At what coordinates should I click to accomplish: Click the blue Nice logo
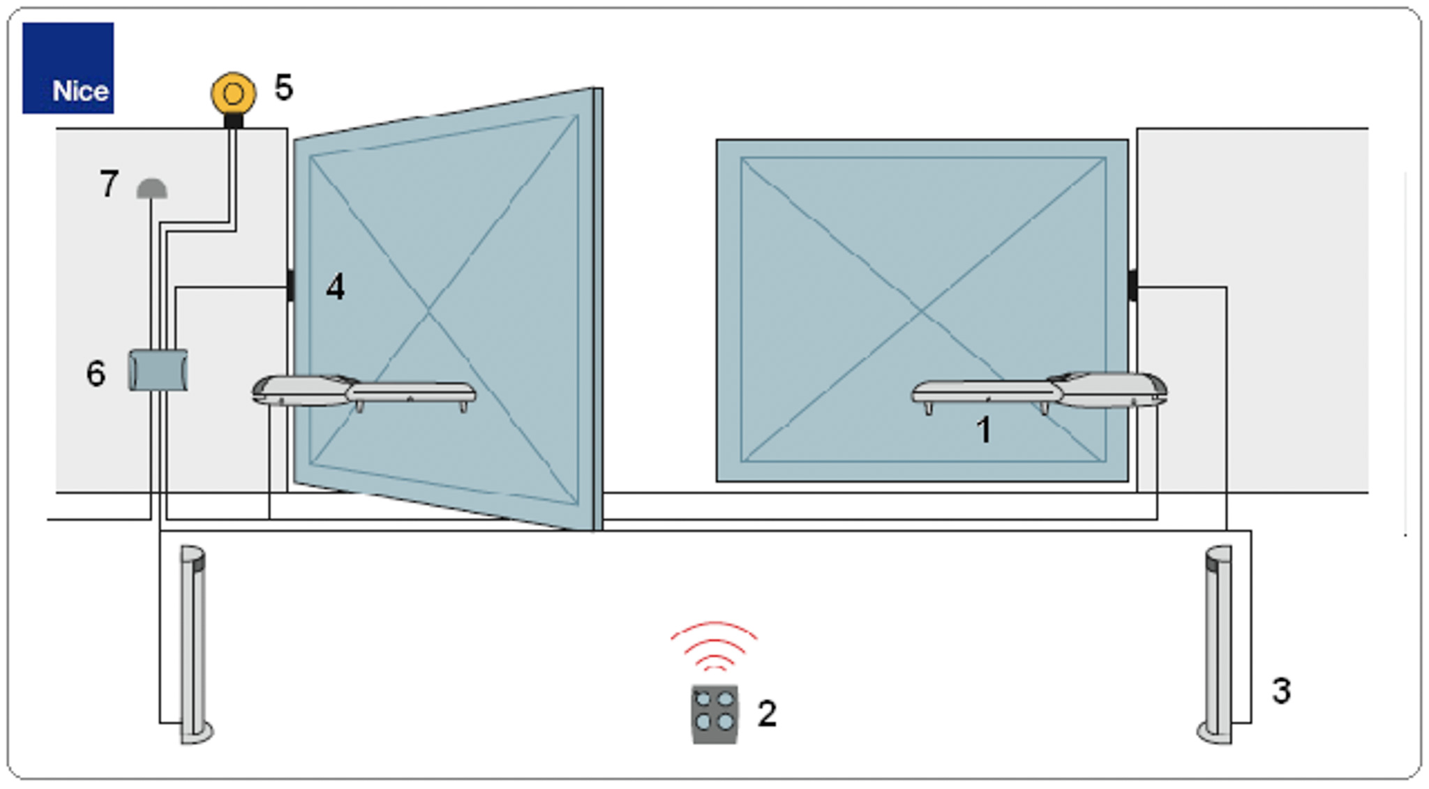[x=68, y=68]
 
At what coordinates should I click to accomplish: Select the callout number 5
[x=283, y=88]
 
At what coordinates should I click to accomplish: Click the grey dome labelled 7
[x=151, y=189]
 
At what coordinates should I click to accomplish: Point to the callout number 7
[x=109, y=184]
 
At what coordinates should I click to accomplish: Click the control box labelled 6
[x=158, y=370]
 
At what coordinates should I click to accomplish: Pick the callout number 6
[x=96, y=373]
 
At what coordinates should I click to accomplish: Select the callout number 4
[x=336, y=287]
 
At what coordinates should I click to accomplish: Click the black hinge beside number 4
[x=290, y=285]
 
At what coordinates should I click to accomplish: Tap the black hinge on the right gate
[x=1132, y=285]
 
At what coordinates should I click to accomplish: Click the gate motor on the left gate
[x=364, y=392]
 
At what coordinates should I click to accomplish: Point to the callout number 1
[x=984, y=430]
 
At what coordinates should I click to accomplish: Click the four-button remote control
[x=714, y=714]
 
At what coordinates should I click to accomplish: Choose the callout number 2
[x=767, y=714]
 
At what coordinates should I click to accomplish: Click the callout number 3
[x=1281, y=691]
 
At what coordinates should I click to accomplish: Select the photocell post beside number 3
[x=1215, y=645]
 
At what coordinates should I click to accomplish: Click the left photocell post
[x=195, y=645]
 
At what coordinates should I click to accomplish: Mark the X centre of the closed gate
[x=922, y=310]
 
